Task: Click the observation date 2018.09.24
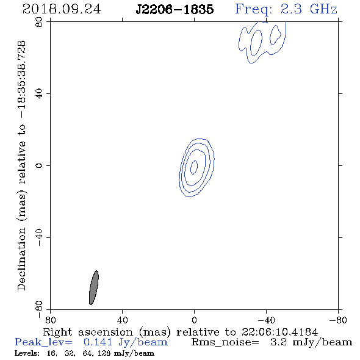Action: pyautogui.click(x=62, y=9)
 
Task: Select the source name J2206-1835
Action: pyautogui.click(x=175, y=10)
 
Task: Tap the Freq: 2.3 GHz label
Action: pyautogui.click(x=286, y=10)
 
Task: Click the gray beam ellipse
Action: pyautogui.click(x=94, y=287)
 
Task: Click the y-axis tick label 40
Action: pyautogui.click(x=39, y=94)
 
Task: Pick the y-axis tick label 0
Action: pyautogui.click(x=39, y=165)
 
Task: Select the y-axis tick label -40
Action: pyautogui.click(x=39, y=237)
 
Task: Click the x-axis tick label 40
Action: pyautogui.click(x=122, y=320)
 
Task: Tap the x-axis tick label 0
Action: pyautogui.click(x=194, y=320)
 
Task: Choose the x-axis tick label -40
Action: pyautogui.click(x=266, y=320)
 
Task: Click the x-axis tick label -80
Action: pyautogui.click(x=338, y=320)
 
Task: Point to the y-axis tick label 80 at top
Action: pyautogui.click(x=39, y=22)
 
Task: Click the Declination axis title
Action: pyautogui.click(x=21, y=165)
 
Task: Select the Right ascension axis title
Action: pyautogui.click(x=181, y=332)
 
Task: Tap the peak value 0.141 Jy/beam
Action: pyautogui.click(x=126, y=342)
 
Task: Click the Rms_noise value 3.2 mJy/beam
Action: pyautogui.click(x=311, y=342)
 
